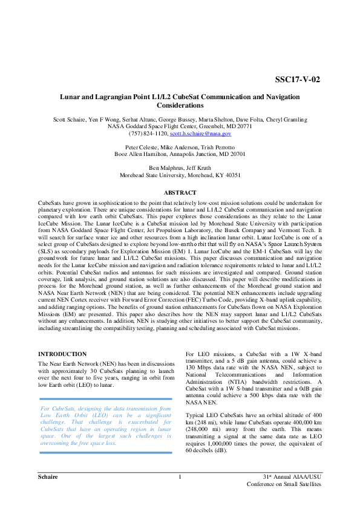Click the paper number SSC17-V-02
(x=297, y=79)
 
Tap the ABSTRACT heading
(x=180, y=192)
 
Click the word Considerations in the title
(x=180, y=105)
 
